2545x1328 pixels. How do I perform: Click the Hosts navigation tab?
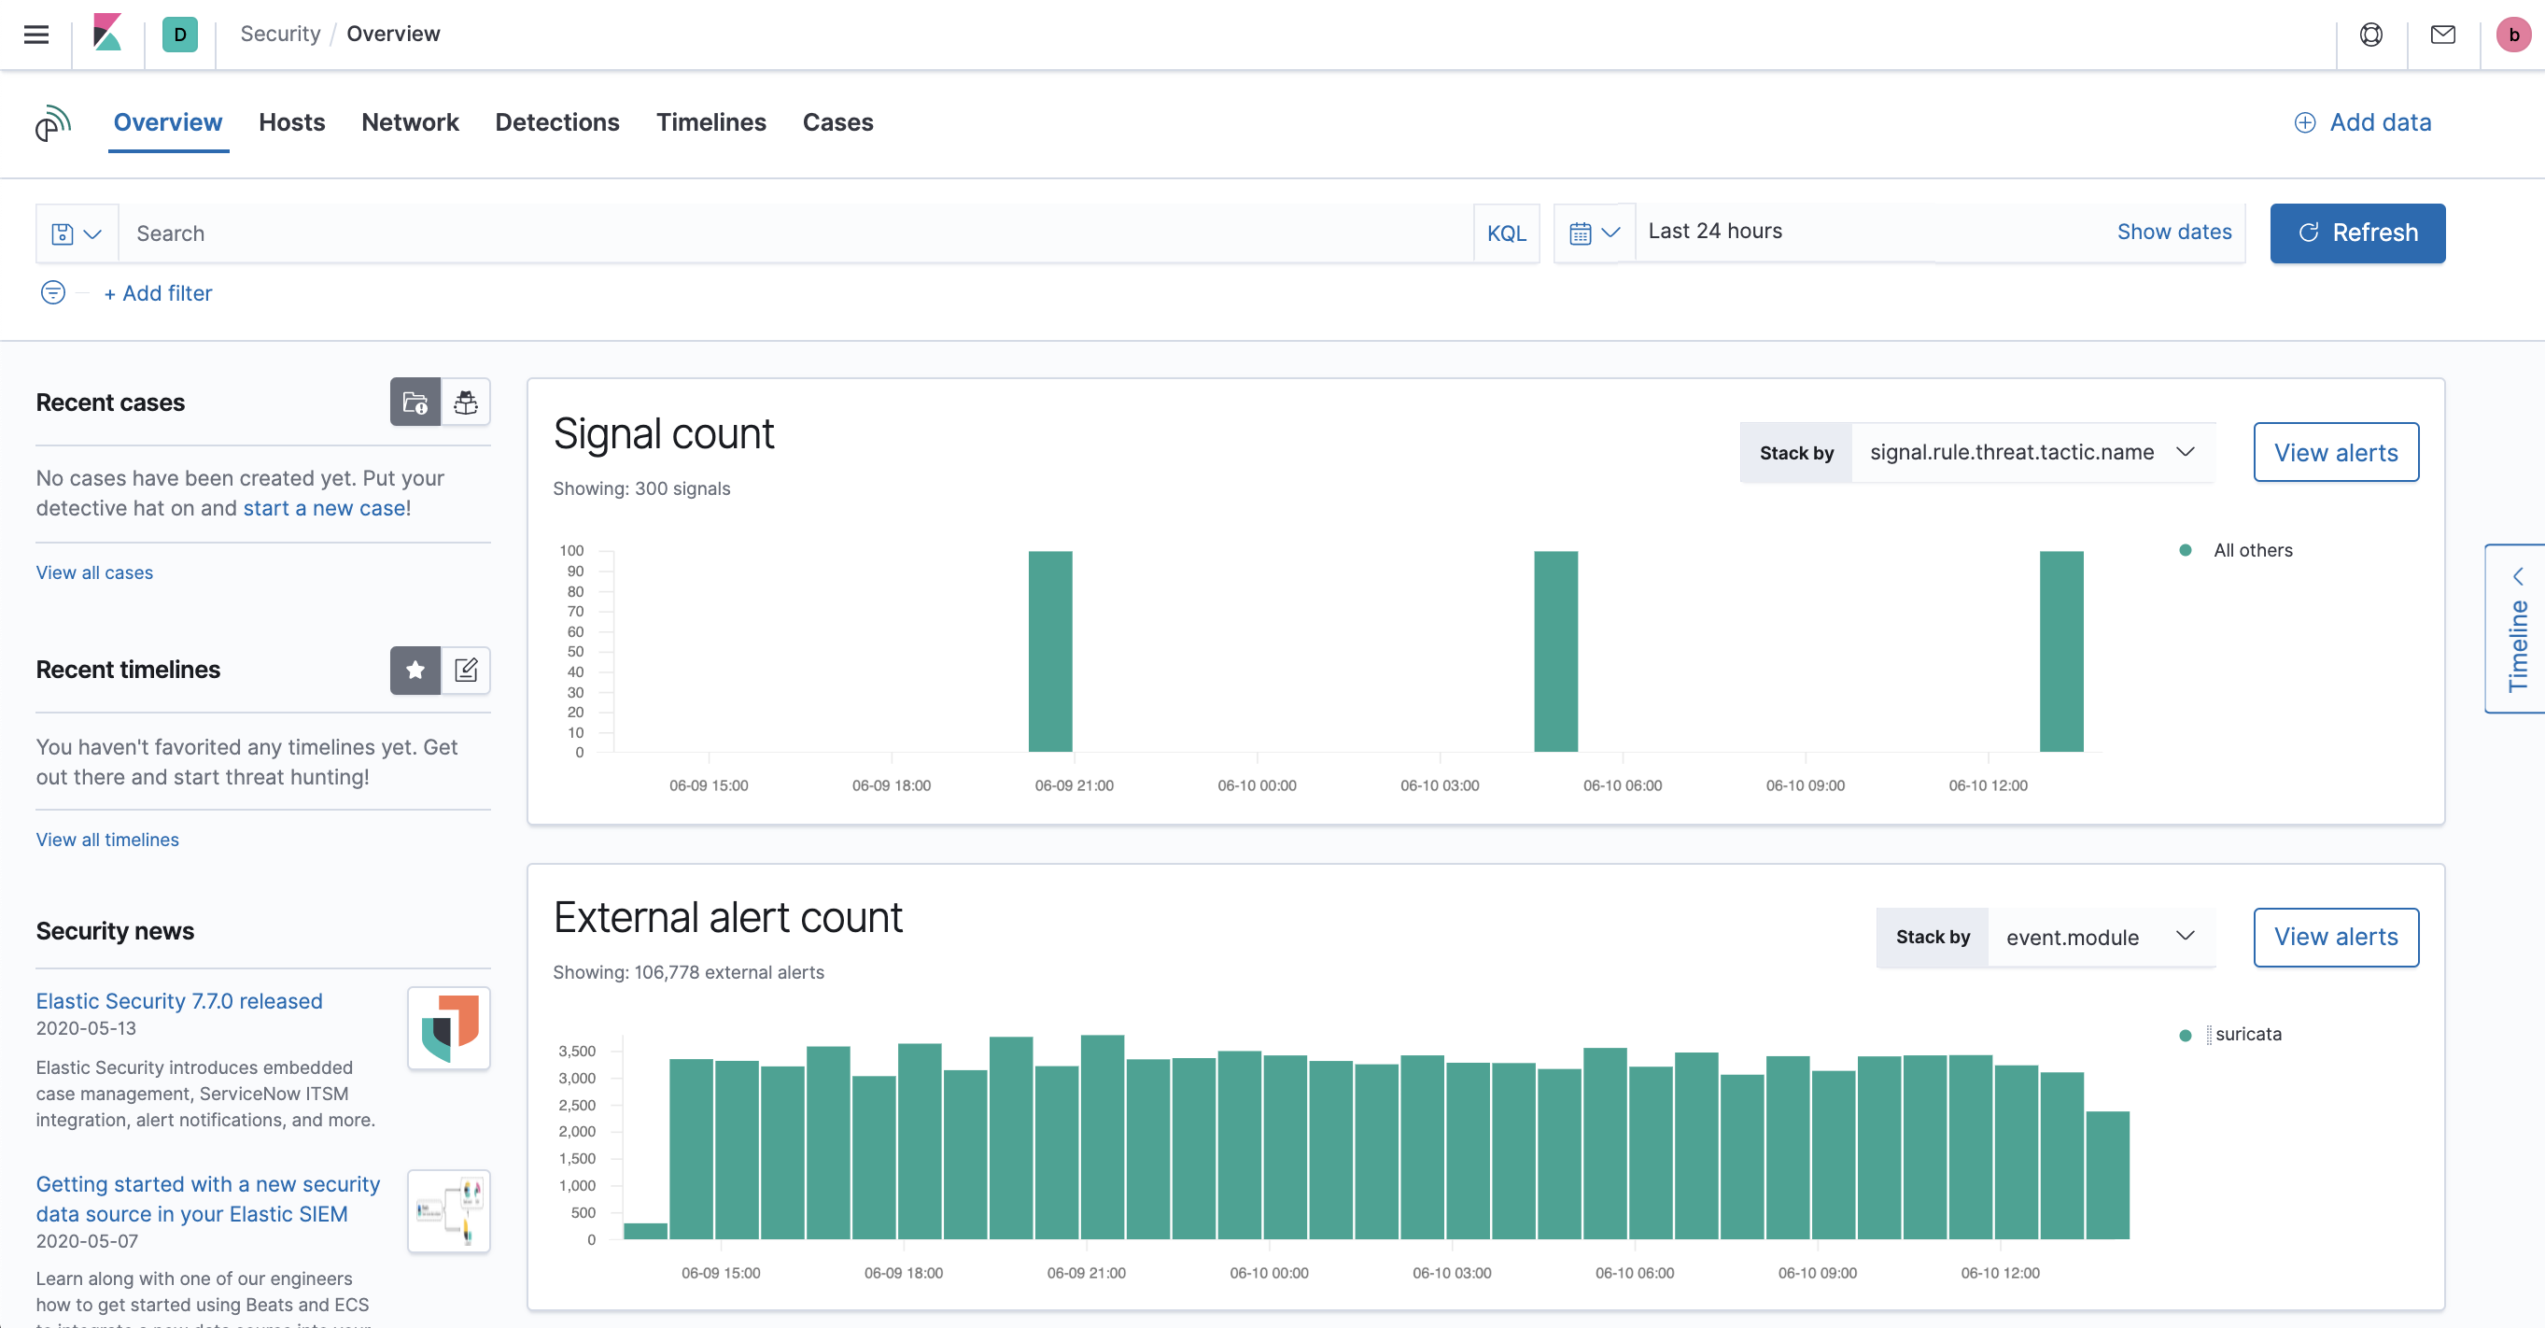291,122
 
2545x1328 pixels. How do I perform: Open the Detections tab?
557,122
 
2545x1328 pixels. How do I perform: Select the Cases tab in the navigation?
837,122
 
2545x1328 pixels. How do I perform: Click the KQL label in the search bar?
1506,234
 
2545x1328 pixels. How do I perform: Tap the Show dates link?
2173,233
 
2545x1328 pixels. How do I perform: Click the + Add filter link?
158,293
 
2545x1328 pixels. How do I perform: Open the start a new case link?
324,508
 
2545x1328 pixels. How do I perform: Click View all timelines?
107,840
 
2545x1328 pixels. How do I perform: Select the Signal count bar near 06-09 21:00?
1050,651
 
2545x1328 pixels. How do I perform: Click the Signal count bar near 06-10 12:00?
2060,651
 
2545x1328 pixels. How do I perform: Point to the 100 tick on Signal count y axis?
572,551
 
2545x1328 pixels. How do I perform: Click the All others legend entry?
2252,550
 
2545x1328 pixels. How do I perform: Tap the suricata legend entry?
2247,1035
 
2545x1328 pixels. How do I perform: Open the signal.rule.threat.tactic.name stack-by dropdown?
2032,453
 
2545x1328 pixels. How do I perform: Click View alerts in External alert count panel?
2336,937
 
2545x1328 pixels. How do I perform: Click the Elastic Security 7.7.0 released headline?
179,1001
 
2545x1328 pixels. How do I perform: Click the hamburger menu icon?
36,35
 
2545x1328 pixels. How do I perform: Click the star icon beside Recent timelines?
415,671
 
